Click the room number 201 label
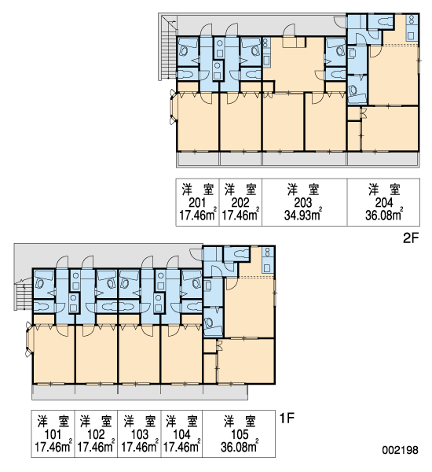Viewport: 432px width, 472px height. pyautogui.click(x=197, y=203)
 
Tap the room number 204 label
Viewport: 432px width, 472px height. pyautogui.click(x=384, y=203)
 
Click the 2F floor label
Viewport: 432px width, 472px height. pyautogui.click(x=411, y=238)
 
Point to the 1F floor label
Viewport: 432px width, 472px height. pyautogui.click(x=287, y=418)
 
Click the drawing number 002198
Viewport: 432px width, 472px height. pyautogui.click(x=400, y=450)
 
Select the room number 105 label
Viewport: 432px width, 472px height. pyautogui.click(x=240, y=434)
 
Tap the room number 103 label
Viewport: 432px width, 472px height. pyautogui.click(x=140, y=434)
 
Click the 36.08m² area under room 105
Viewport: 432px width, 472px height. pyautogui.click(x=240, y=446)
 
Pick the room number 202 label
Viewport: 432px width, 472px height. pyautogui.click(x=240, y=203)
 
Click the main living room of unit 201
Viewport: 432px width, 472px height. pyautogui.click(x=197, y=121)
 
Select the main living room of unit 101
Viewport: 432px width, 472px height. pyautogui.click(x=54, y=354)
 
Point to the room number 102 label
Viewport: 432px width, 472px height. pyautogui.click(x=96, y=434)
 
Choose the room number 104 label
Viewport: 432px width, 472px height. pyautogui.click(x=182, y=434)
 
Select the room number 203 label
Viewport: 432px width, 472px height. pyautogui.click(x=303, y=203)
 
